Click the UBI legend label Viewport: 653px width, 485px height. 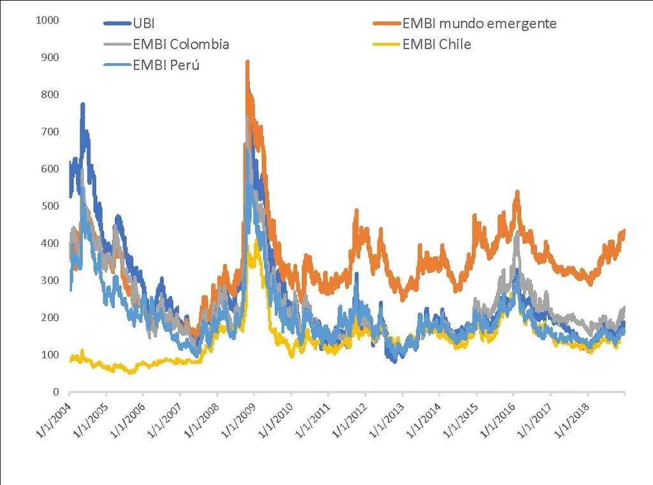coord(143,24)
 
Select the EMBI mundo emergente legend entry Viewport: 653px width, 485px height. coord(480,24)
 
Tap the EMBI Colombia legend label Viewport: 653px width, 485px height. coord(180,44)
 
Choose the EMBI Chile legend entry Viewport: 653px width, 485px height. coord(437,44)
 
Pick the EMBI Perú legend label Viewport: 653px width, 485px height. coord(166,64)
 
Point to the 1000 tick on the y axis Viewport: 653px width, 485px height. coord(48,20)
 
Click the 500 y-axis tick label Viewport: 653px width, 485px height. coord(50,206)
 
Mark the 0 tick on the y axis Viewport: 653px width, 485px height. coord(56,392)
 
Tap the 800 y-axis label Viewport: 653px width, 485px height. coord(50,94)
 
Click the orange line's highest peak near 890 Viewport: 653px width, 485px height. coord(247,62)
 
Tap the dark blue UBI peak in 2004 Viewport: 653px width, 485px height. coord(82,105)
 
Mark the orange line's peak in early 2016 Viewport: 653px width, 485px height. coord(517,191)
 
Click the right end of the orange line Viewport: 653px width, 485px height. coord(624,230)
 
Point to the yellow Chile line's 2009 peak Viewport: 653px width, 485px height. coord(256,240)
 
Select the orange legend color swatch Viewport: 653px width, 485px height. coord(386,24)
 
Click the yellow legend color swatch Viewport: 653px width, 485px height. coord(386,44)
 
